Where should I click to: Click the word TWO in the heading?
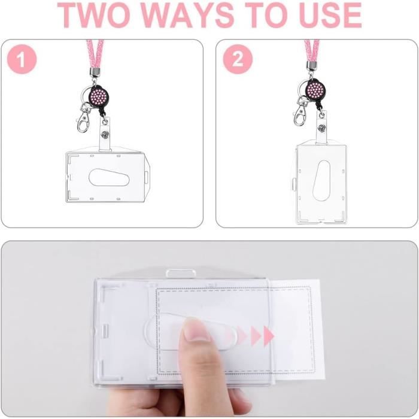(93, 15)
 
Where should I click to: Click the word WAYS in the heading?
(187, 15)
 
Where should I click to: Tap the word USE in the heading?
(330, 15)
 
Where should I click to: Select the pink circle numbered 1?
(22, 59)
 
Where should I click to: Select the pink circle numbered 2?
(238, 59)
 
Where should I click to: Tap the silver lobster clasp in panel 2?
(300, 113)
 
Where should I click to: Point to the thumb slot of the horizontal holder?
(109, 177)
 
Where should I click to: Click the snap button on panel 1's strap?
(105, 134)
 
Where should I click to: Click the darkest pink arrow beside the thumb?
(269, 336)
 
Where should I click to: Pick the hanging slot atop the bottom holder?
(181, 274)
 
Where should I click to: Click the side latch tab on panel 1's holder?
(146, 178)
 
